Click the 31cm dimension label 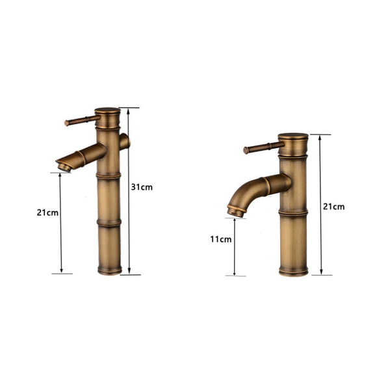[x=142, y=187]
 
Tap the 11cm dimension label [x=221, y=239]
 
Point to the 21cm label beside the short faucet [x=334, y=206]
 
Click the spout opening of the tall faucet [x=62, y=167]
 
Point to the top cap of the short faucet [x=293, y=138]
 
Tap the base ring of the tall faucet [x=109, y=269]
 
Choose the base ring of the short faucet [x=294, y=270]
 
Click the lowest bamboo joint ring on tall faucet [x=109, y=223]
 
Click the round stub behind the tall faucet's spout [x=125, y=142]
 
